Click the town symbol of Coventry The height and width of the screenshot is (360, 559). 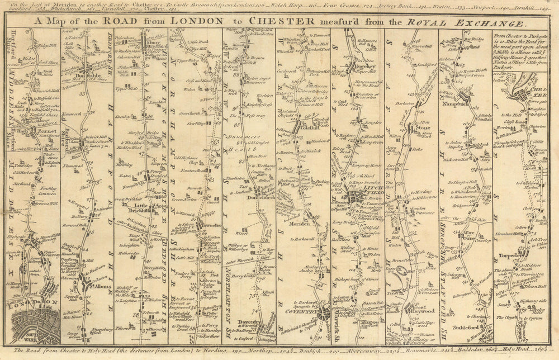[x=324, y=315]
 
